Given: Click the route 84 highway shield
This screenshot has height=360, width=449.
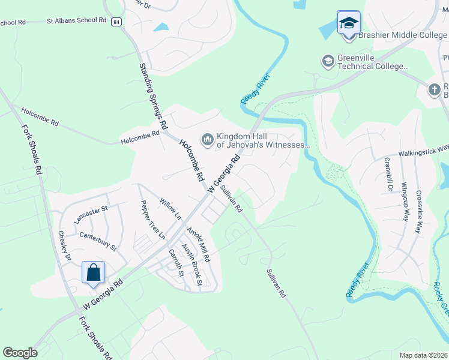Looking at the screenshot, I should click(116, 22).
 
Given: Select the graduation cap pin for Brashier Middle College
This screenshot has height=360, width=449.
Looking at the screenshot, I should click(349, 23).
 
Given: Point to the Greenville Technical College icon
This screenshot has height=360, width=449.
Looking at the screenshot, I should click(328, 61).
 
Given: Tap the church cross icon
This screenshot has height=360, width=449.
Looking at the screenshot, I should click(435, 90).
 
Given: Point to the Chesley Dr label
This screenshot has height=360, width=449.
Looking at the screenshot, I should click(65, 246).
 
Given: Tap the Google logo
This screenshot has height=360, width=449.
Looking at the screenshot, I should click(20, 353).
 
